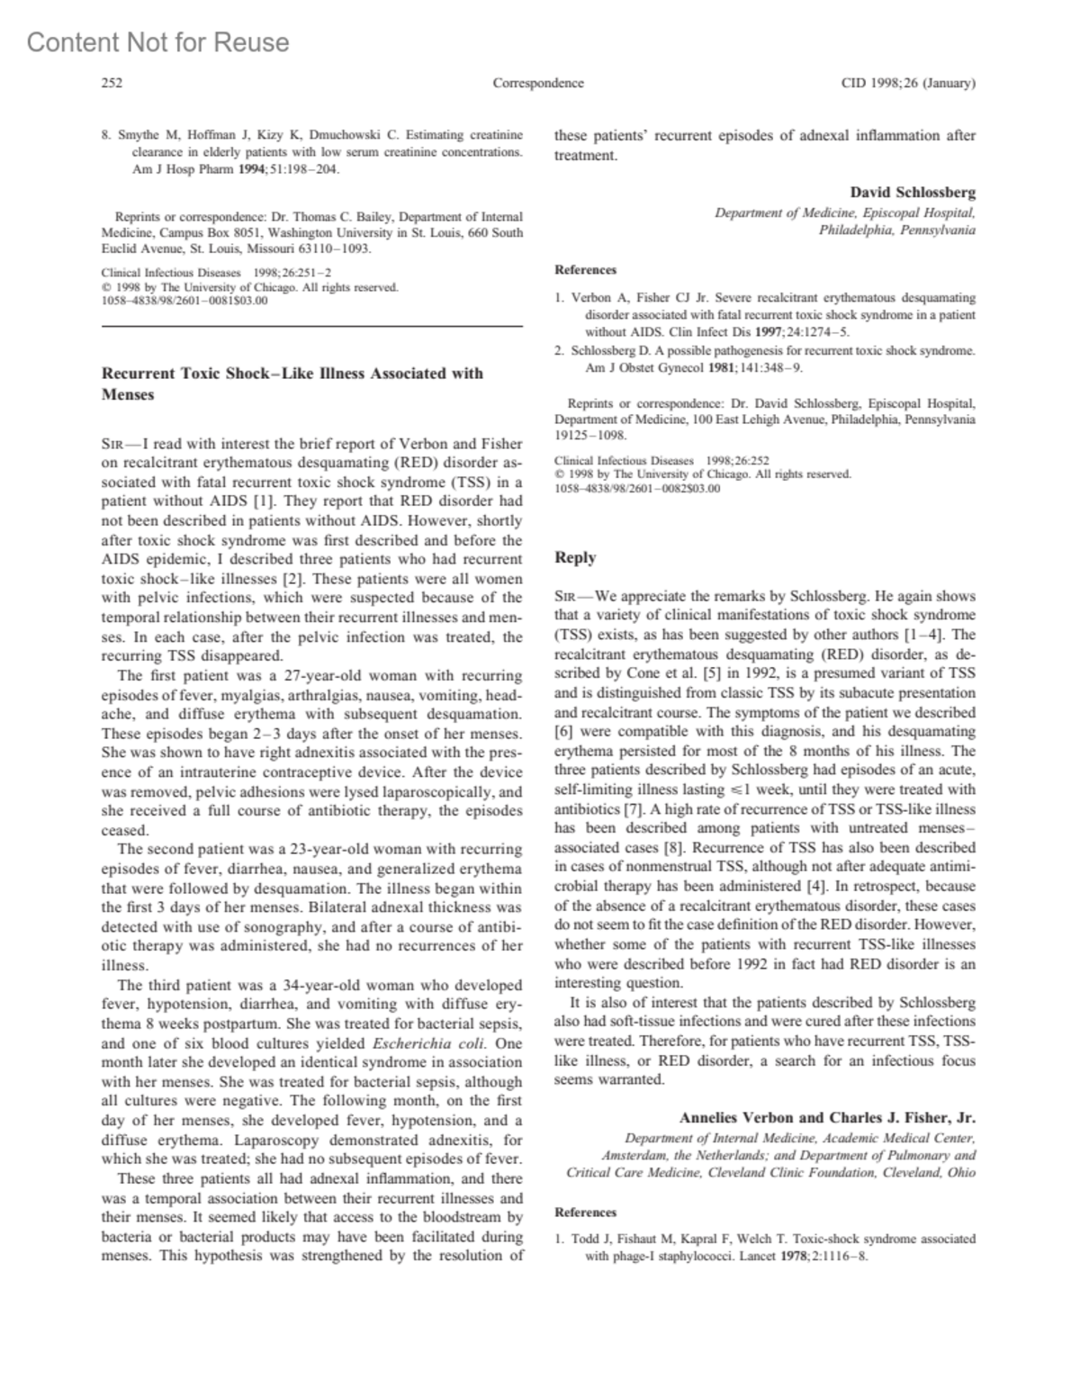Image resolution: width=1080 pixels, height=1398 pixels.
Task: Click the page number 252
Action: (112, 84)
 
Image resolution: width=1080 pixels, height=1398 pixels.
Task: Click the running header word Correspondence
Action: (538, 84)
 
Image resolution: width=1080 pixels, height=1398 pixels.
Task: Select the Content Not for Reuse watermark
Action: (158, 42)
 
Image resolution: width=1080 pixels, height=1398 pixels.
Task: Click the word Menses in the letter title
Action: (128, 394)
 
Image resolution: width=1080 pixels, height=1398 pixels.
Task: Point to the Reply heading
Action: (575, 557)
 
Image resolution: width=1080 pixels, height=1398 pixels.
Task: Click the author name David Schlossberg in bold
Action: (913, 193)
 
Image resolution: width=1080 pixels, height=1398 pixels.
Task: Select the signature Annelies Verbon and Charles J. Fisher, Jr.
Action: (827, 1118)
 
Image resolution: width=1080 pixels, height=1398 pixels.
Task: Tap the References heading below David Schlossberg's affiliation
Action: (586, 270)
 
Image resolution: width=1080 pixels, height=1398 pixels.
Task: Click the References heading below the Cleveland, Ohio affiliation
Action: (586, 1213)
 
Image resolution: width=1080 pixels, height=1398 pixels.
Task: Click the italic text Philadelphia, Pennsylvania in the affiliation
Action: (896, 230)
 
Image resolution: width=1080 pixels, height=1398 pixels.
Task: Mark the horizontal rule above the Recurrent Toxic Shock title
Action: (312, 325)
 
